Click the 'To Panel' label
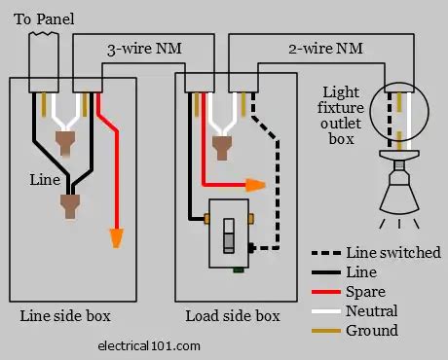(43, 19)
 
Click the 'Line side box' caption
(65, 316)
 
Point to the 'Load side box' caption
(233, 316)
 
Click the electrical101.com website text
(150, 344)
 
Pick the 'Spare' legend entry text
(367, 291)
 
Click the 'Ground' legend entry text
(372, 330)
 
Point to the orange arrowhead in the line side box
(116, 237)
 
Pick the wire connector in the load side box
(221, 145)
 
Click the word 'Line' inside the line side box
(42, 180)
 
